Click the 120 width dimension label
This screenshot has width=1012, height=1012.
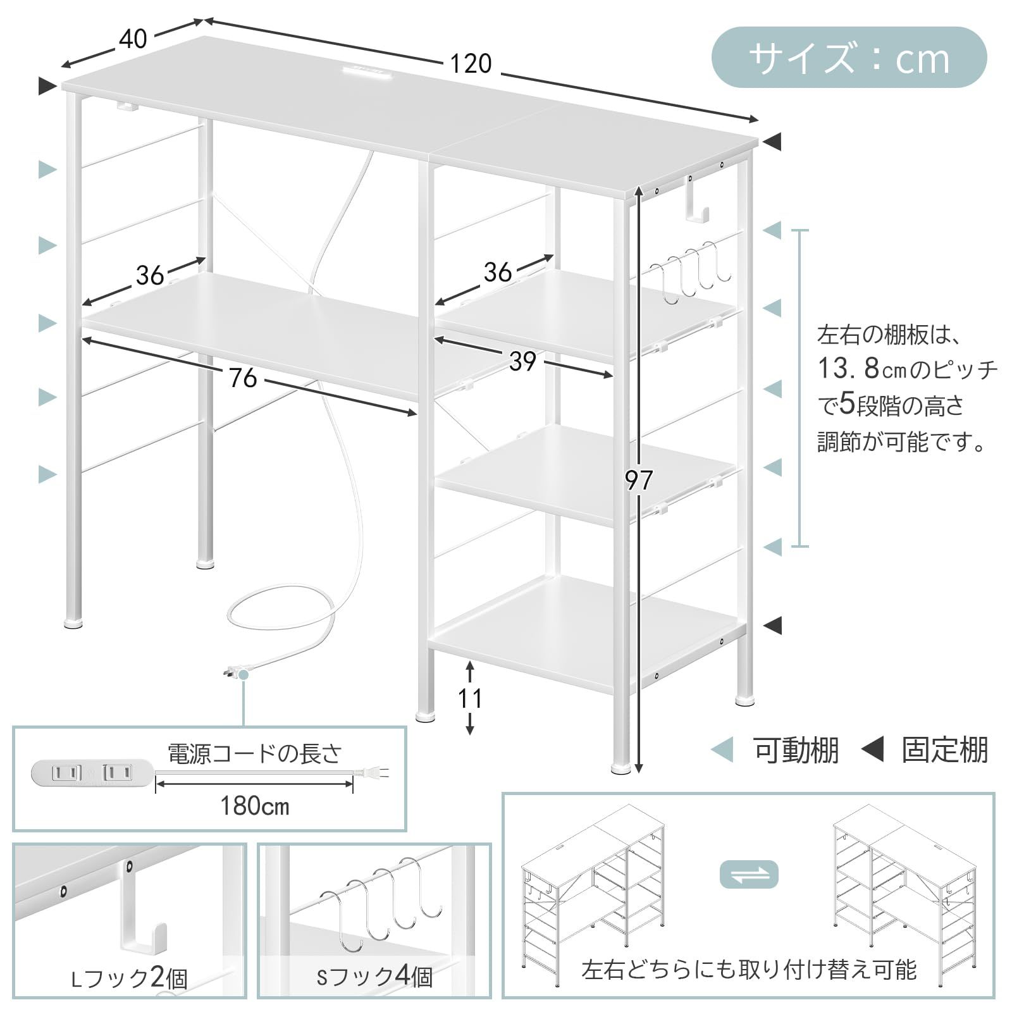click(x=471, y=64)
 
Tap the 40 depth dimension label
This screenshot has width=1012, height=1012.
click(x=133, y=39)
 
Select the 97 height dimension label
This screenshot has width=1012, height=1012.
click(x=639, y=481)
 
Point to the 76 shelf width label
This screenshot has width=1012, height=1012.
click(x=243, y=378)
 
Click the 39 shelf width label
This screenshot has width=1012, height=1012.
click(x=522, y=361)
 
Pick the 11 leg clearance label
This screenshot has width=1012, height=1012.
click(x=470, y=698)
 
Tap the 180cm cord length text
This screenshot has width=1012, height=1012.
click(x=254, y=806)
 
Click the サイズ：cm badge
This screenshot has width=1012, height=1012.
click(x=849, y=58)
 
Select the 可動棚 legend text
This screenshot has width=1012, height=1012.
click(x=796, y=751)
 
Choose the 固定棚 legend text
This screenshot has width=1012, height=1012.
click(x=944, y=751)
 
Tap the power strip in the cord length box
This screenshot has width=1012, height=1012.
click(x=92, y=773)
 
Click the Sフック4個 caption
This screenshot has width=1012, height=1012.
click(x=374, y=977)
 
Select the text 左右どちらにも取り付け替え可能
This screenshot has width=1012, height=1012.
click(x=748, y=970)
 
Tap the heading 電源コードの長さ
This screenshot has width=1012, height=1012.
click(x=254, y=753)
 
